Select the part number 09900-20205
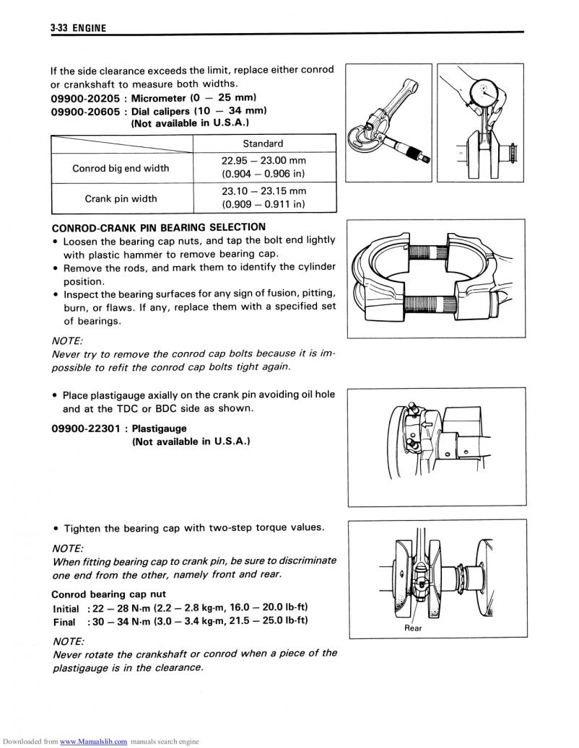tap(84, 97)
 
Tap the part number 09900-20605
tap(84, 111)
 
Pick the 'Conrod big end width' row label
tap(121, 168)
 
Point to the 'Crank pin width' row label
tap(121, 198)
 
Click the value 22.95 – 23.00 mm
tap(263, 161)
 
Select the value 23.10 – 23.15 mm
tap(263, 191)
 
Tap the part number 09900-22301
tap(84, 428)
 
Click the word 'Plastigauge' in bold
tap(160, 428)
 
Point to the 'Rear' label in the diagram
tap(413, 628)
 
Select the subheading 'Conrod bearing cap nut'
tap(108, 594)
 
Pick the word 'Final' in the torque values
tap(64, 621)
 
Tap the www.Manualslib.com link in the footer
tap(94, 742)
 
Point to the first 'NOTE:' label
tap(68, 340)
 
